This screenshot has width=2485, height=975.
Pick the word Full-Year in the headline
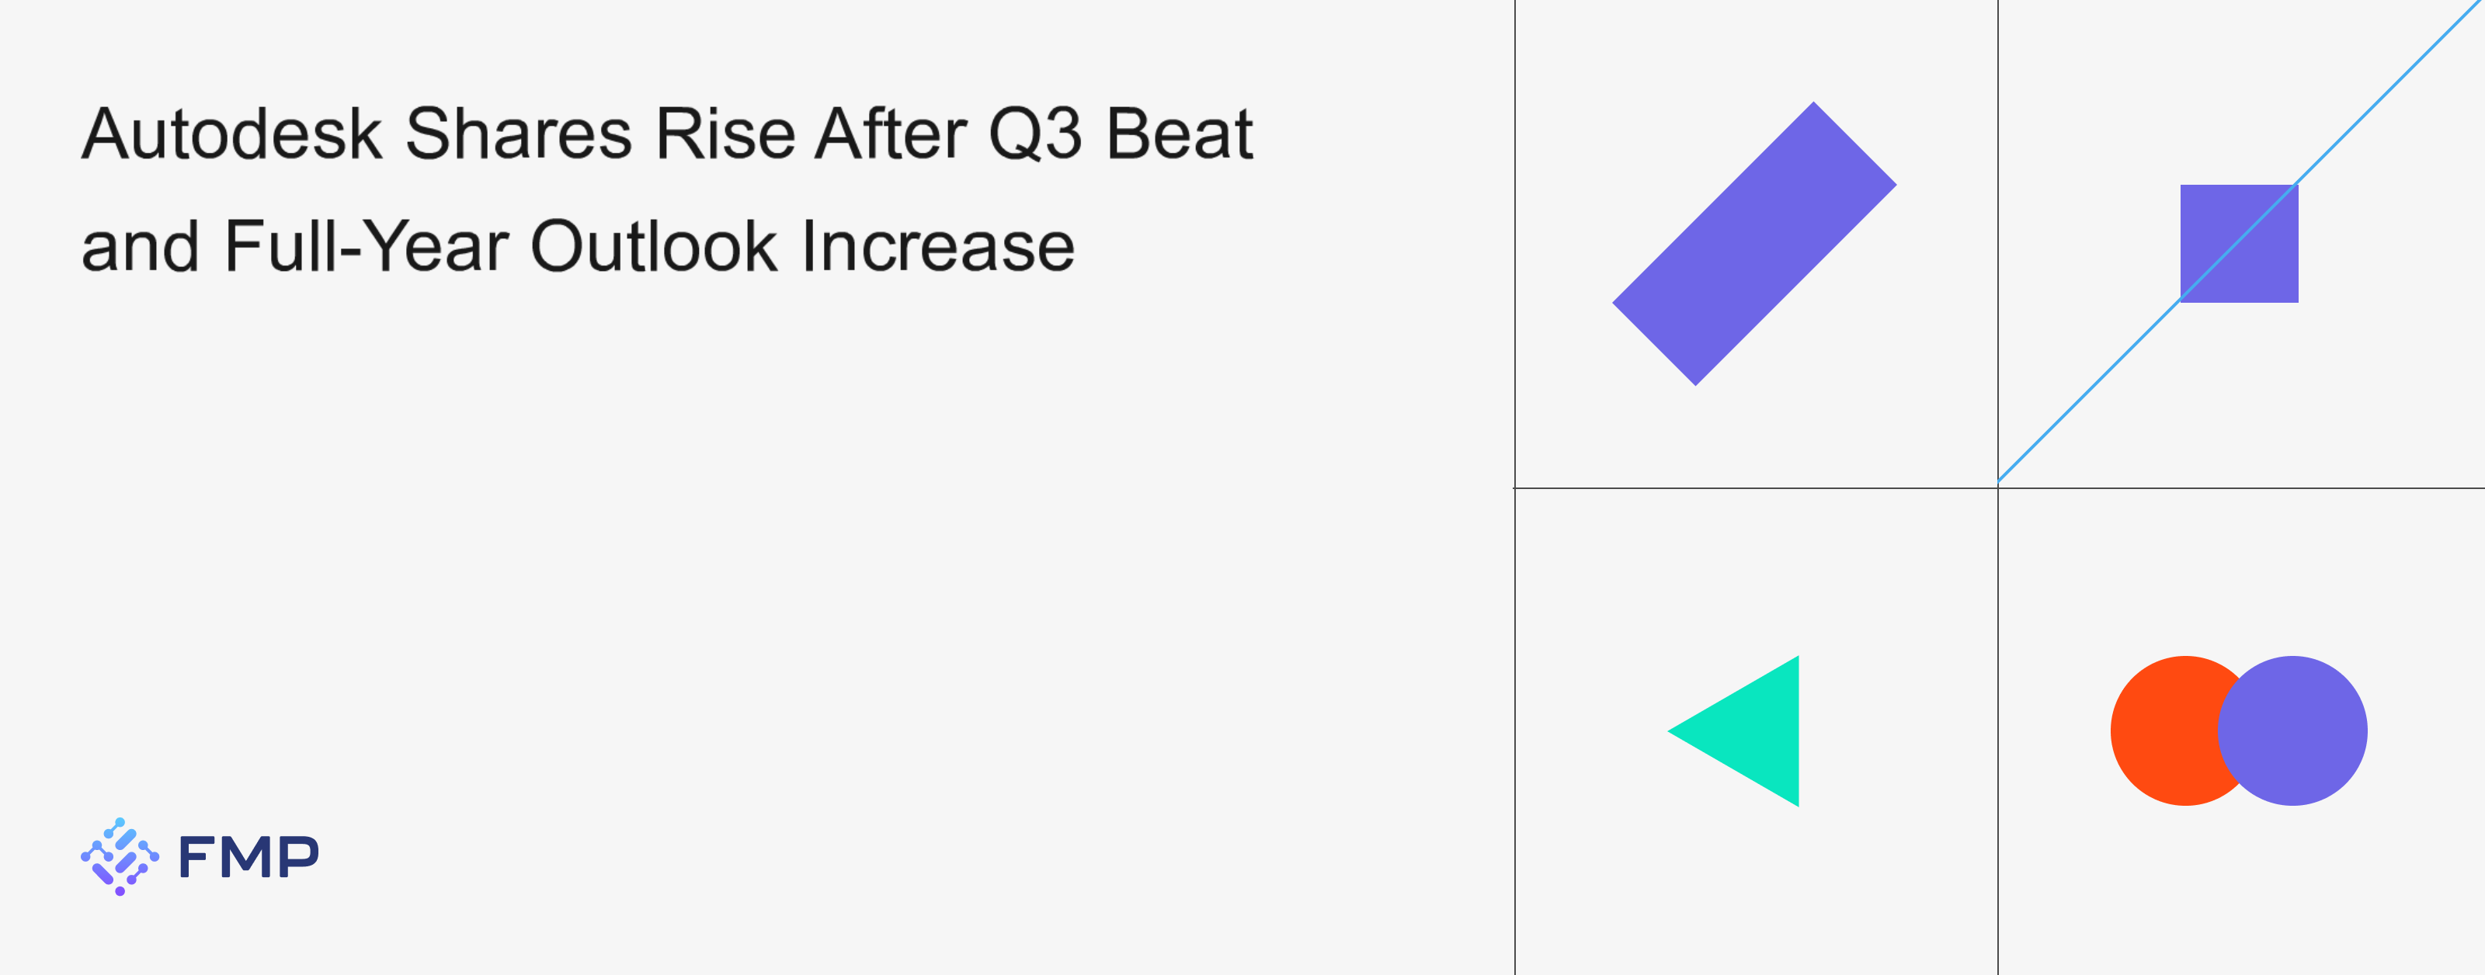tap(367, 247)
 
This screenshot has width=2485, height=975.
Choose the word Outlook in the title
tap(654, 247)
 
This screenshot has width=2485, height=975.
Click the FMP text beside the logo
tap(248, 856)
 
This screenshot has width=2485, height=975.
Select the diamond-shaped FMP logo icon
tap(120, 856)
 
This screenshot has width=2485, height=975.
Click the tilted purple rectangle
tap(1753, 244)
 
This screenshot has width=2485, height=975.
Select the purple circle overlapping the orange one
tap(2292, 731)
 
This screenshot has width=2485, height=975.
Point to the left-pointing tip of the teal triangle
tap(1669, 731)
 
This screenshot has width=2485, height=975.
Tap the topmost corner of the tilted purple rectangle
tap(1813, 102)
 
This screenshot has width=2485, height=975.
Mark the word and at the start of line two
tap(140, 247)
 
